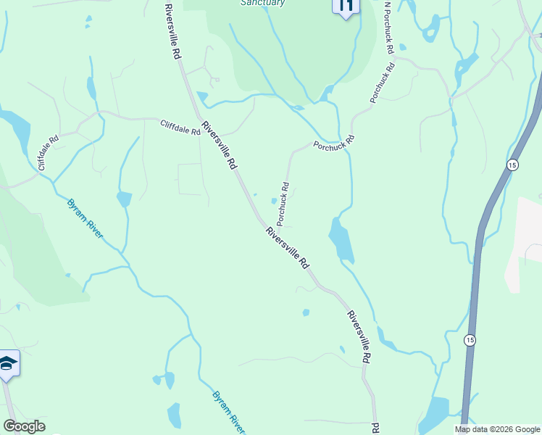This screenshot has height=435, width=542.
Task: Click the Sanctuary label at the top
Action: pos(262,3)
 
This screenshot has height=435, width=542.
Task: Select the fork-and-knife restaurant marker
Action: pos(346,6)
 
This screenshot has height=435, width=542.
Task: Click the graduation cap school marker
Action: pos(8,363)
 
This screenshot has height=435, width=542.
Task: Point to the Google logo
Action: pos(24,426)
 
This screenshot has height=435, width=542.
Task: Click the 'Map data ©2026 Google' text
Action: pos(497,429)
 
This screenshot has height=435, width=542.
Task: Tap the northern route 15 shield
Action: pos(512,165)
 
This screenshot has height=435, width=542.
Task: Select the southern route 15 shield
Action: pos(470,339)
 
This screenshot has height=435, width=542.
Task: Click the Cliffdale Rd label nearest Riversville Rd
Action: pos(180,127)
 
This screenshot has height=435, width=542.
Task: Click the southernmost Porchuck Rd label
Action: pos(283,202)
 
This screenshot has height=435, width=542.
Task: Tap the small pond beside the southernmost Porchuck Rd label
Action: pos(274,202)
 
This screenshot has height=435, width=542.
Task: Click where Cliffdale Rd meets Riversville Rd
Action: pos(201,120)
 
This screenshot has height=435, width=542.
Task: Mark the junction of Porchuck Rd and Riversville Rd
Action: pos(262,220)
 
